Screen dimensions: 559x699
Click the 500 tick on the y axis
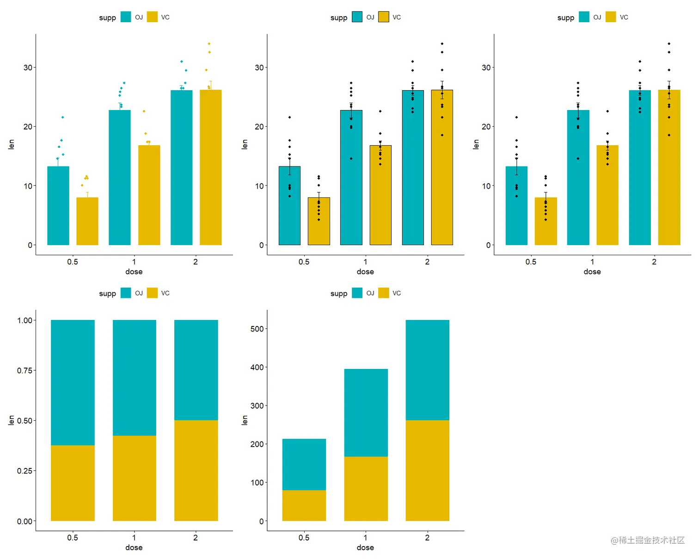pyautogui.click(x=257, y=329)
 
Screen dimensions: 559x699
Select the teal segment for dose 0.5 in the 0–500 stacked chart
pyautogui.click(x=304, y=464)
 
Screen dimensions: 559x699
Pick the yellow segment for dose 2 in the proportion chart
pyautogui.click(x=196, y=470)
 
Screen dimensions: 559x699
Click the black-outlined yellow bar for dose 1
pyautogui.click(x=380, y=195)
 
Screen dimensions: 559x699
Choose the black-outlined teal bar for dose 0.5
pyautogui.click(x=289, y=206)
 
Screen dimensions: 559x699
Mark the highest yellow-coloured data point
pyautogui.click(x=209, y=44)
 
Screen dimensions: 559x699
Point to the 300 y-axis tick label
pyautogui.click(x=257, y=405)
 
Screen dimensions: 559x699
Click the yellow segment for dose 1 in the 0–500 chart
pyautogui.click(x=366, y=489)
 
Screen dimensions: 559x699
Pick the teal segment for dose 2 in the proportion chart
pyautogui.click(x=196, y=370)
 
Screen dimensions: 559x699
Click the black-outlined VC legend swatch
pyautogui.click(x=383, y=17)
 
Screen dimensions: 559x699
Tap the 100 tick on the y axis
pyautogui.click(x=257, y=482)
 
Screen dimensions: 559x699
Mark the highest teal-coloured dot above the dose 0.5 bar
pyautogui.click(x=62, y=117)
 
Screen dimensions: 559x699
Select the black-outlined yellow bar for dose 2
pyautogui.click(x=442, y=167)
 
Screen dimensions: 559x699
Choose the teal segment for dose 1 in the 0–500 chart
pyautogui.click(x=366, y=412)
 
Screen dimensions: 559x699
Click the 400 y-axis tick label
pyautogui.click(x=257, y=367)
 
